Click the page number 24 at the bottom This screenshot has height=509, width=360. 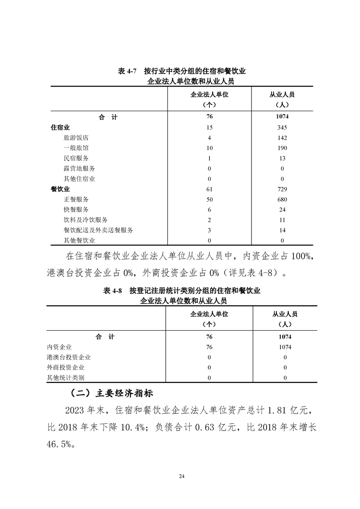(x=182, y=476)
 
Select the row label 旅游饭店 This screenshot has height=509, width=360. (x=76, y=138)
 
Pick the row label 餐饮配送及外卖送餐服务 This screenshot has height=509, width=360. (x=99, y=230)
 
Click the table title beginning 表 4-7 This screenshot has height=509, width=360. (x=182, y=72)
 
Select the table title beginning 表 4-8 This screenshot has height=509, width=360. (x=182, y=291)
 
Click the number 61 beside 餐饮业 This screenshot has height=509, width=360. (x=209, y=189)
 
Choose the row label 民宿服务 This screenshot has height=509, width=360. (x=76, y=158)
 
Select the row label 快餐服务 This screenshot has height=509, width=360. (x=76, y=210)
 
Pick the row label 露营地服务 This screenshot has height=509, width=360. (x=79, y=169)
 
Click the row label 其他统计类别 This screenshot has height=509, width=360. (x=65, y=377)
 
